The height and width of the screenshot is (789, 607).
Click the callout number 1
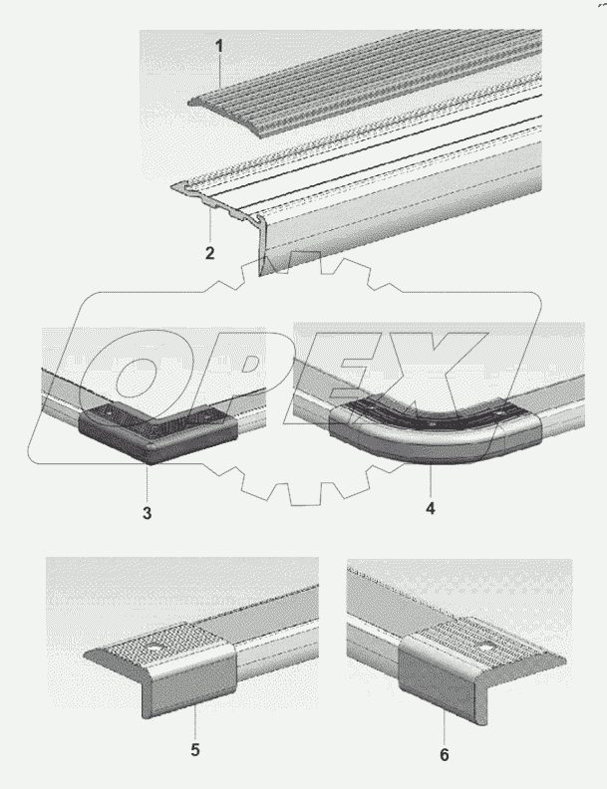(x=219, y=46)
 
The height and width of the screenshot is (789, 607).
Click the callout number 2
(x=210, y=253)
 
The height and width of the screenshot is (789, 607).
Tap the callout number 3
(x=147, y=513)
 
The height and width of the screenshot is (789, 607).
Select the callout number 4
(x=431, y=508)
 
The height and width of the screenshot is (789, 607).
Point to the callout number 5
(x=195, y=750)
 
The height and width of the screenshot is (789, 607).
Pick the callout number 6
(x=445, y=755)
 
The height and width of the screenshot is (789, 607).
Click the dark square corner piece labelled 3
(x=158, y=430)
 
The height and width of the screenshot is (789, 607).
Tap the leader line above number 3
(x=147, y=485)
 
